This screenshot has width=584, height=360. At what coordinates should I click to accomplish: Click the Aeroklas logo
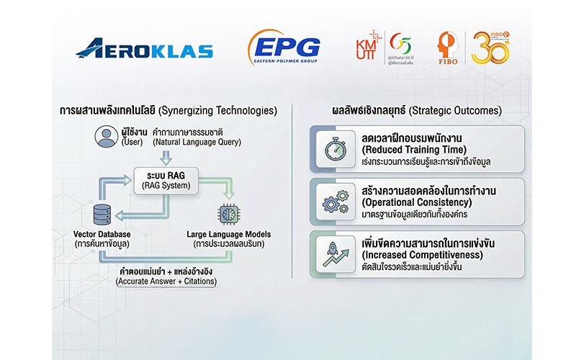[144, 48]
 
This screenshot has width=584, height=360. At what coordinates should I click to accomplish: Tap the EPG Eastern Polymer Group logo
[284, 48]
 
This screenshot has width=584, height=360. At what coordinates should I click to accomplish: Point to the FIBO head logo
[448, 48]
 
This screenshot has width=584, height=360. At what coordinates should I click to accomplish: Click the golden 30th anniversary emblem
[490, 48]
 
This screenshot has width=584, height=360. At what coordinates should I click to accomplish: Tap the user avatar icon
[106, 137]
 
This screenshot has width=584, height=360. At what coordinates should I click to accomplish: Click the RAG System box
[166, 181]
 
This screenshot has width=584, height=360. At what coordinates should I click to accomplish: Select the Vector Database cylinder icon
[102, 215]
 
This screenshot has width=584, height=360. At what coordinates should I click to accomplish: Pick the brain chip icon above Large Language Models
[229, 214]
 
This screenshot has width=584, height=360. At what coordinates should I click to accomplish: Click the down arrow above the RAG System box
[166, 158]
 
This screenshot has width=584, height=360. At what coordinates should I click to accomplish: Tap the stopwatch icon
[336, 149]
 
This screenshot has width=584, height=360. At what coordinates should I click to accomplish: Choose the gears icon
[336, 202]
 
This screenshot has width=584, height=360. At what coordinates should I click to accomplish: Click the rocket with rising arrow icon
[336, 254]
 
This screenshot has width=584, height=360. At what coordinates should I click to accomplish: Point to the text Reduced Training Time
[414, 150]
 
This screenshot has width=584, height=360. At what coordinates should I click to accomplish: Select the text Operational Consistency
[417, 202]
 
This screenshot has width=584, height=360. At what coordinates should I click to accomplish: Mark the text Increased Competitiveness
[423, 255]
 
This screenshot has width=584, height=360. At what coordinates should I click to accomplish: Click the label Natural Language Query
[197, 143]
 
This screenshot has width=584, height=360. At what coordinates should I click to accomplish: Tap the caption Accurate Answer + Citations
[166, 282]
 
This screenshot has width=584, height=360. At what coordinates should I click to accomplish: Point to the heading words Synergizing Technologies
[218, 111]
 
